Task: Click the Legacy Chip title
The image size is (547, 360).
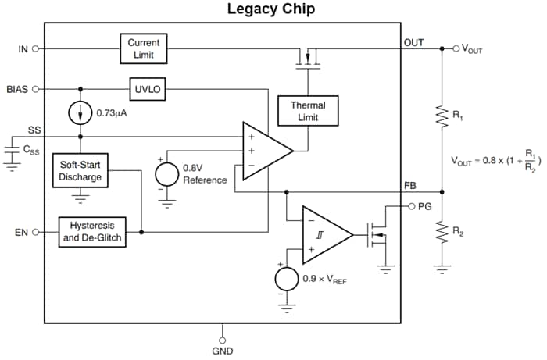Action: [x=271, y=10]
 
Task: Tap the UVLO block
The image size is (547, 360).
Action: [x=147, y=89]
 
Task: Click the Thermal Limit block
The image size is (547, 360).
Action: [x=308, y=111]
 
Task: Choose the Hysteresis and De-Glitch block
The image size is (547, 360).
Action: [x=92, y=232]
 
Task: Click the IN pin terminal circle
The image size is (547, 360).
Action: [x=36, y=48]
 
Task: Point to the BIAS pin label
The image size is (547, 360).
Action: [x=16, y=89]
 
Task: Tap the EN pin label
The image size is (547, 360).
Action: [x=20, y=232]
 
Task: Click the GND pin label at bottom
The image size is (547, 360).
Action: [x=223, y=351]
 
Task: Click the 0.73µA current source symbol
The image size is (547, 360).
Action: [x=80, y=112]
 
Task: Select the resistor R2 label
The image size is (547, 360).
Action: [x=459, y=232]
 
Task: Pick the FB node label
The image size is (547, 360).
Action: [x=410, y=185]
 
